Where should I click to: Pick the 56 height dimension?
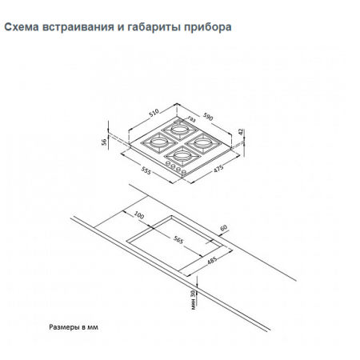coord(105,141)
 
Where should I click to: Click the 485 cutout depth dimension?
coord(213,261)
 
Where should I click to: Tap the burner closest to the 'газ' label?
coord(179,129)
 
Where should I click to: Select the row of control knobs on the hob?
coord(177,167)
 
